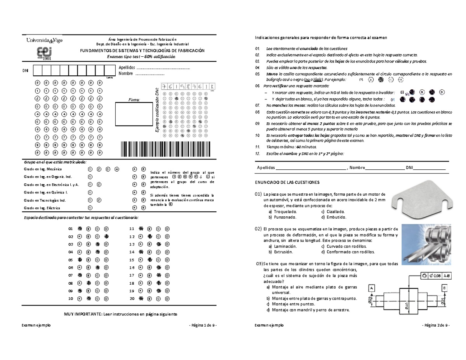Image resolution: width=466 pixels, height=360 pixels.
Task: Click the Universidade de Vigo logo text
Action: [44, 40]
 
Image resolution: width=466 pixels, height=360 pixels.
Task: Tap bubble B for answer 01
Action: [89, 228]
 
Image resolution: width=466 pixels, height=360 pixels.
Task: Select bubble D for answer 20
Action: [167, 299]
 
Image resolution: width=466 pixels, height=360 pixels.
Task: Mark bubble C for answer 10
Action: [97, 299]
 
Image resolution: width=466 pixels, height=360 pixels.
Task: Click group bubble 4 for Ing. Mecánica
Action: [117, 169]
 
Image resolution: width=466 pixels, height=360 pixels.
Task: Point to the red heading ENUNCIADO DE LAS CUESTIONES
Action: [287, 182]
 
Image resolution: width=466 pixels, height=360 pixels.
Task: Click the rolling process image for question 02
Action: [426, 242]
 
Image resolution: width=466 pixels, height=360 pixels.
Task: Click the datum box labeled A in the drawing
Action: [371, 288]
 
